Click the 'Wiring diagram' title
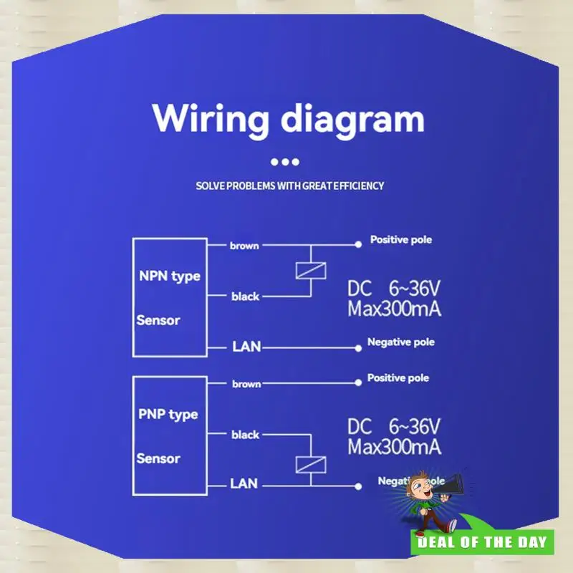click(289, 117)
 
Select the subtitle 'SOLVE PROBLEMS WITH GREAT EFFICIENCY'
click(290, 186)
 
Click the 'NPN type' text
click(169, 276)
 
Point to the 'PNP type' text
click(168, 415)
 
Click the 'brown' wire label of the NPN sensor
click(244, 246)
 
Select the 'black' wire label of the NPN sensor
click(245, 296)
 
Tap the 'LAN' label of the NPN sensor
click(246, 347)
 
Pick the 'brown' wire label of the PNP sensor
click(246, 385)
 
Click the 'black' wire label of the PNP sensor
click(245, 435)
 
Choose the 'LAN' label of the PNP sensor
click(244, 484)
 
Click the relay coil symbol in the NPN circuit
click(311, 271)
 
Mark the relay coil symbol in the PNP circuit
click(311, 463)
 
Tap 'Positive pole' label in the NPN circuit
click(400, 240)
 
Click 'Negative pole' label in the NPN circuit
click(400, 342)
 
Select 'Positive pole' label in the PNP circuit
click(398, 377)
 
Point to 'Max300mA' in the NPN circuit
click(394, 310)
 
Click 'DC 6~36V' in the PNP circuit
click(394, 428)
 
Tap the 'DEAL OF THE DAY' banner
click(483, 541)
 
